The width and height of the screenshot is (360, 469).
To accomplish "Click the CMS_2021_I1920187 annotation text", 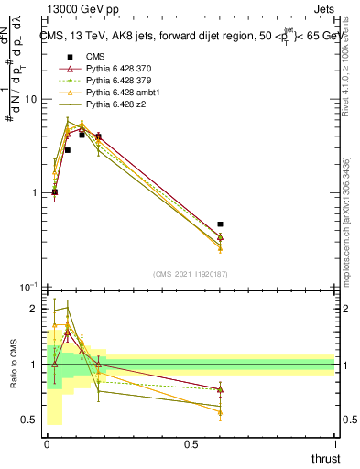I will coord(190,274).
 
